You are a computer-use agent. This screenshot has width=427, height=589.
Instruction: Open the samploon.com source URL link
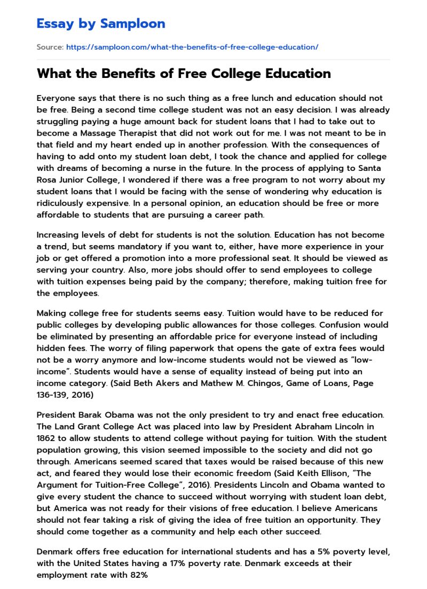pos(192,48)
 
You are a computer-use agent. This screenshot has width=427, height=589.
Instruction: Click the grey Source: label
pos(50,48)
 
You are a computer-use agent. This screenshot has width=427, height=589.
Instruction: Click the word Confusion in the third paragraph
pos(351,325)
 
